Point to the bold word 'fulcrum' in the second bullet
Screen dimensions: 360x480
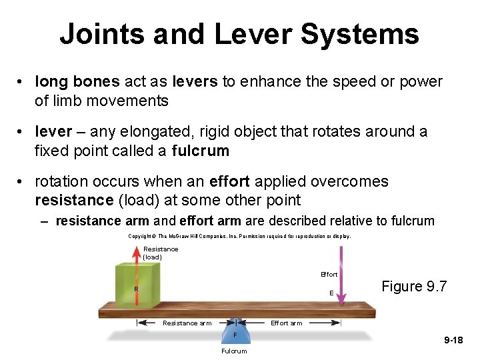[200, 151]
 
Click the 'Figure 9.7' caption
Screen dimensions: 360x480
[414, 287]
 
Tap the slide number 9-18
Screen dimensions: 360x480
[453, 341]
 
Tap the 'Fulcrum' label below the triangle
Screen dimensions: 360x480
[234, 351]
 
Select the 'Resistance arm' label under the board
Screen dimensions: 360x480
[187, 323]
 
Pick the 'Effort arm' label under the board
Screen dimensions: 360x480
[286, 323]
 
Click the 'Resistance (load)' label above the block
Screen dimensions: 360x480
[160, 253]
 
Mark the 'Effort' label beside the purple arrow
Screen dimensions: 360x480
[329, 275]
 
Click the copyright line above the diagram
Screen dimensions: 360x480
[239, 236]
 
